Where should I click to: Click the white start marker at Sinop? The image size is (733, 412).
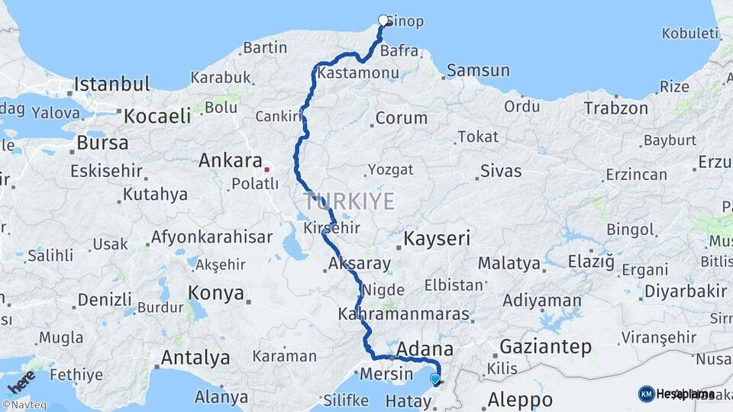pos(383,20)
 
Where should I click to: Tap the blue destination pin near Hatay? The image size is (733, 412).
pos(435,378)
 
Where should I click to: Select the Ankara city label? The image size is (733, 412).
pos(231,161)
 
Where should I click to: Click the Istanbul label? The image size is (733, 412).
pos(111,83)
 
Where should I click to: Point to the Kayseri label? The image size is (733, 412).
pos(437,239)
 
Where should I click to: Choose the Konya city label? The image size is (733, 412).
pos(216,293)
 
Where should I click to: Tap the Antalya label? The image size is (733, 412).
pos(195,357)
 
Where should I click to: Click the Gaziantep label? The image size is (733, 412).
pos(545,347)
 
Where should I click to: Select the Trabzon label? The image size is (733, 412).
pos(617,108)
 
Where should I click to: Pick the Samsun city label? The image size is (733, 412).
pos(478,71)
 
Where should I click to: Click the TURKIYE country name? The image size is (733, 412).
pos(349,202)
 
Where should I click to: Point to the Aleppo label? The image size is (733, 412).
pos(520,399)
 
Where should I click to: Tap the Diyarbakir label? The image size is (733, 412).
pos(686,291)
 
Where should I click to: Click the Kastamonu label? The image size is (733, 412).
pos(358,74)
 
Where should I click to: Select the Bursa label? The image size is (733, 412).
pos(102,143)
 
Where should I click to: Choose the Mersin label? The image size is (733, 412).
pos(386,375)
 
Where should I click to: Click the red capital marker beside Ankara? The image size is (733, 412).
pos(267,169)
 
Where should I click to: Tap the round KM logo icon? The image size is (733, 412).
pos(646,394)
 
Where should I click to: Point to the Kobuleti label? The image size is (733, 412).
pos(690,33)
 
